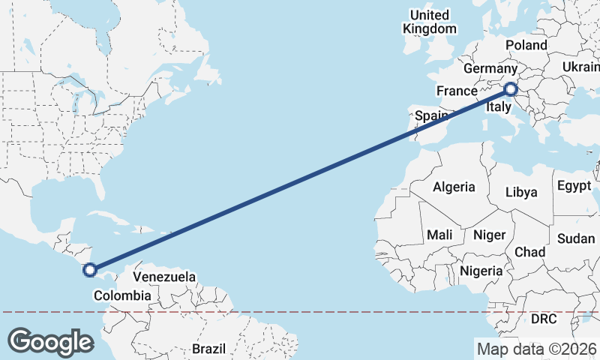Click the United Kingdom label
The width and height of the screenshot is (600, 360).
429,22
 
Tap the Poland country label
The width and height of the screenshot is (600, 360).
526,45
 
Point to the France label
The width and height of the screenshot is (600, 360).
457,91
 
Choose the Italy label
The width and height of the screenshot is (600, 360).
499,108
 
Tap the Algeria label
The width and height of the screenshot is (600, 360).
454,187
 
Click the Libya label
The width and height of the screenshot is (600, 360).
521,192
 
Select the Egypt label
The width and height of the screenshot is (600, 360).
574,185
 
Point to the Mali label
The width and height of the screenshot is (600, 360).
439,235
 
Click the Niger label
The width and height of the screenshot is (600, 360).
489,235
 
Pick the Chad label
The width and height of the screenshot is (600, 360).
530,251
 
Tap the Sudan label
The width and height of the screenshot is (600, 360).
576,238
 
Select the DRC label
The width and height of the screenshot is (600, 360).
544,319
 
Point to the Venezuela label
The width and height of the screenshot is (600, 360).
164,277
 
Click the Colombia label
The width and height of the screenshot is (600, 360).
122,296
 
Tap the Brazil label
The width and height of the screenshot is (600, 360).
208,349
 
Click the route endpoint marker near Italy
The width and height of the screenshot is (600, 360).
511,90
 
